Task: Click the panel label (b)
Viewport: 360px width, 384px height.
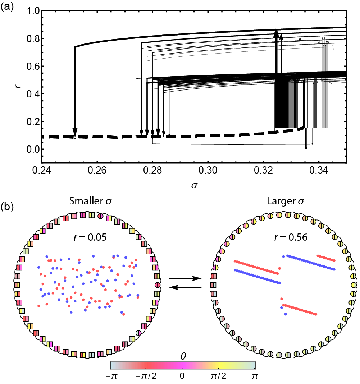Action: [x=8, y=208]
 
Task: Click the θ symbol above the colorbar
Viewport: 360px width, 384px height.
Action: [x=182, y=356]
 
